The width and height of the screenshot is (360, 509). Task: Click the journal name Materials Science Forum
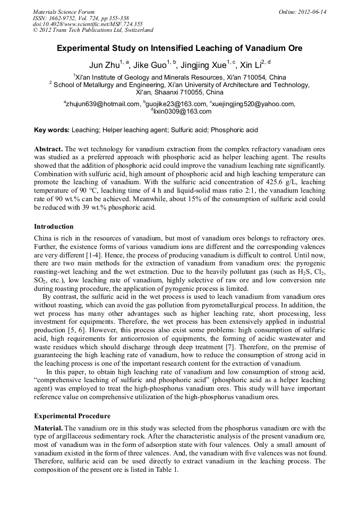(64, 12)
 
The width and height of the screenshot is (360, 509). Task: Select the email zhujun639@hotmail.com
(101, 104)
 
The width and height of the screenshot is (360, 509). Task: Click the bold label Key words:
(52, 130)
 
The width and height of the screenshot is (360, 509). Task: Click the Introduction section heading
(54, 227)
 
